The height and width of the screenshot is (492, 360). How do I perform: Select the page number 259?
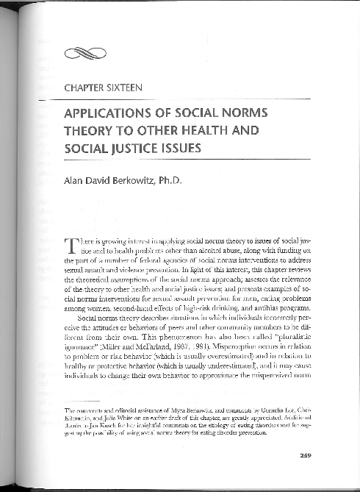[306, 456]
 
